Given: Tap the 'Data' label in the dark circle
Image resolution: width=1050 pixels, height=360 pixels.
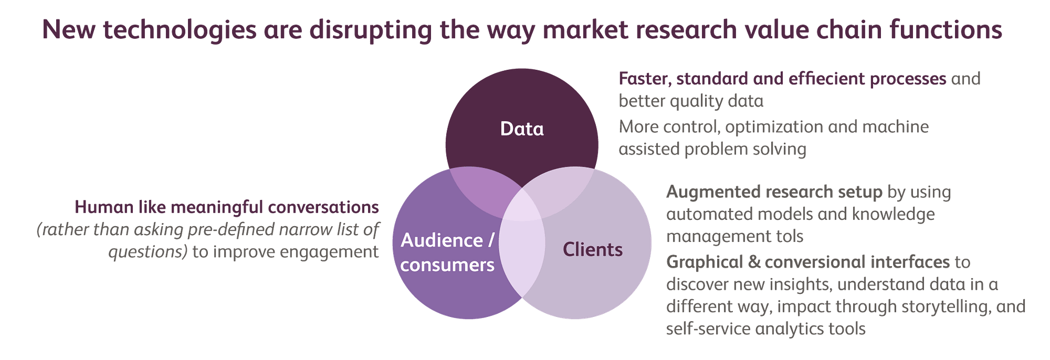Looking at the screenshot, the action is click(x=522, y=129).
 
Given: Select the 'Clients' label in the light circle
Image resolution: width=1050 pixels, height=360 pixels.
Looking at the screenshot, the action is click(x=593, y=249).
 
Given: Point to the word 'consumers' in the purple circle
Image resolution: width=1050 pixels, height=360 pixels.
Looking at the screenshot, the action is click(x=447, y=265).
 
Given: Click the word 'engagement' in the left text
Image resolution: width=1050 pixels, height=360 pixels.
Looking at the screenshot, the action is click(x=329, y=252).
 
